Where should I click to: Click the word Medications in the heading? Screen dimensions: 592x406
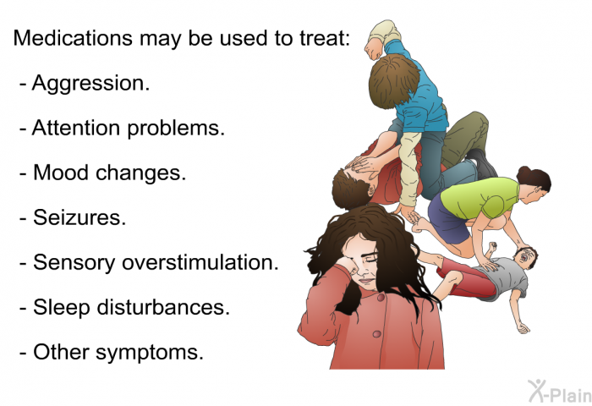[x=73, y=38]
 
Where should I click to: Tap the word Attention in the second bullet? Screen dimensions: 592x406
[x=76, y=128]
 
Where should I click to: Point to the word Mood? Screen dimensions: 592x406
[x=61, y=173]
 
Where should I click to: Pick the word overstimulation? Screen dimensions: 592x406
[x=200, y=262]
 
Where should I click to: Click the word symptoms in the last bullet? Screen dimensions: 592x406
[x=150, y=353]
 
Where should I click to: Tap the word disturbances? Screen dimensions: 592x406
[x=163, y=307]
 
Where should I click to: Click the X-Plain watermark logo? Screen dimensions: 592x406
[x=560, y=392]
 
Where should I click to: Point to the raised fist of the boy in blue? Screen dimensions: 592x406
[x=374, y=49]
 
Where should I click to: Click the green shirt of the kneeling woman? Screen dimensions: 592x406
[x=480, y=197]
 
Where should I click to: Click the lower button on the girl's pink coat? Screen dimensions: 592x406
[x=376, y=334]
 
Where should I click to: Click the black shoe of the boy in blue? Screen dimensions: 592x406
[x=483, y=163]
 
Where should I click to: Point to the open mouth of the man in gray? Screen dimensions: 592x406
[x=523, y=258]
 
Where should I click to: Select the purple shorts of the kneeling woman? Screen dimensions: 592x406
[x=449, y=220]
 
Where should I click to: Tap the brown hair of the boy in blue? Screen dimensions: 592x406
[x=393, y=80]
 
